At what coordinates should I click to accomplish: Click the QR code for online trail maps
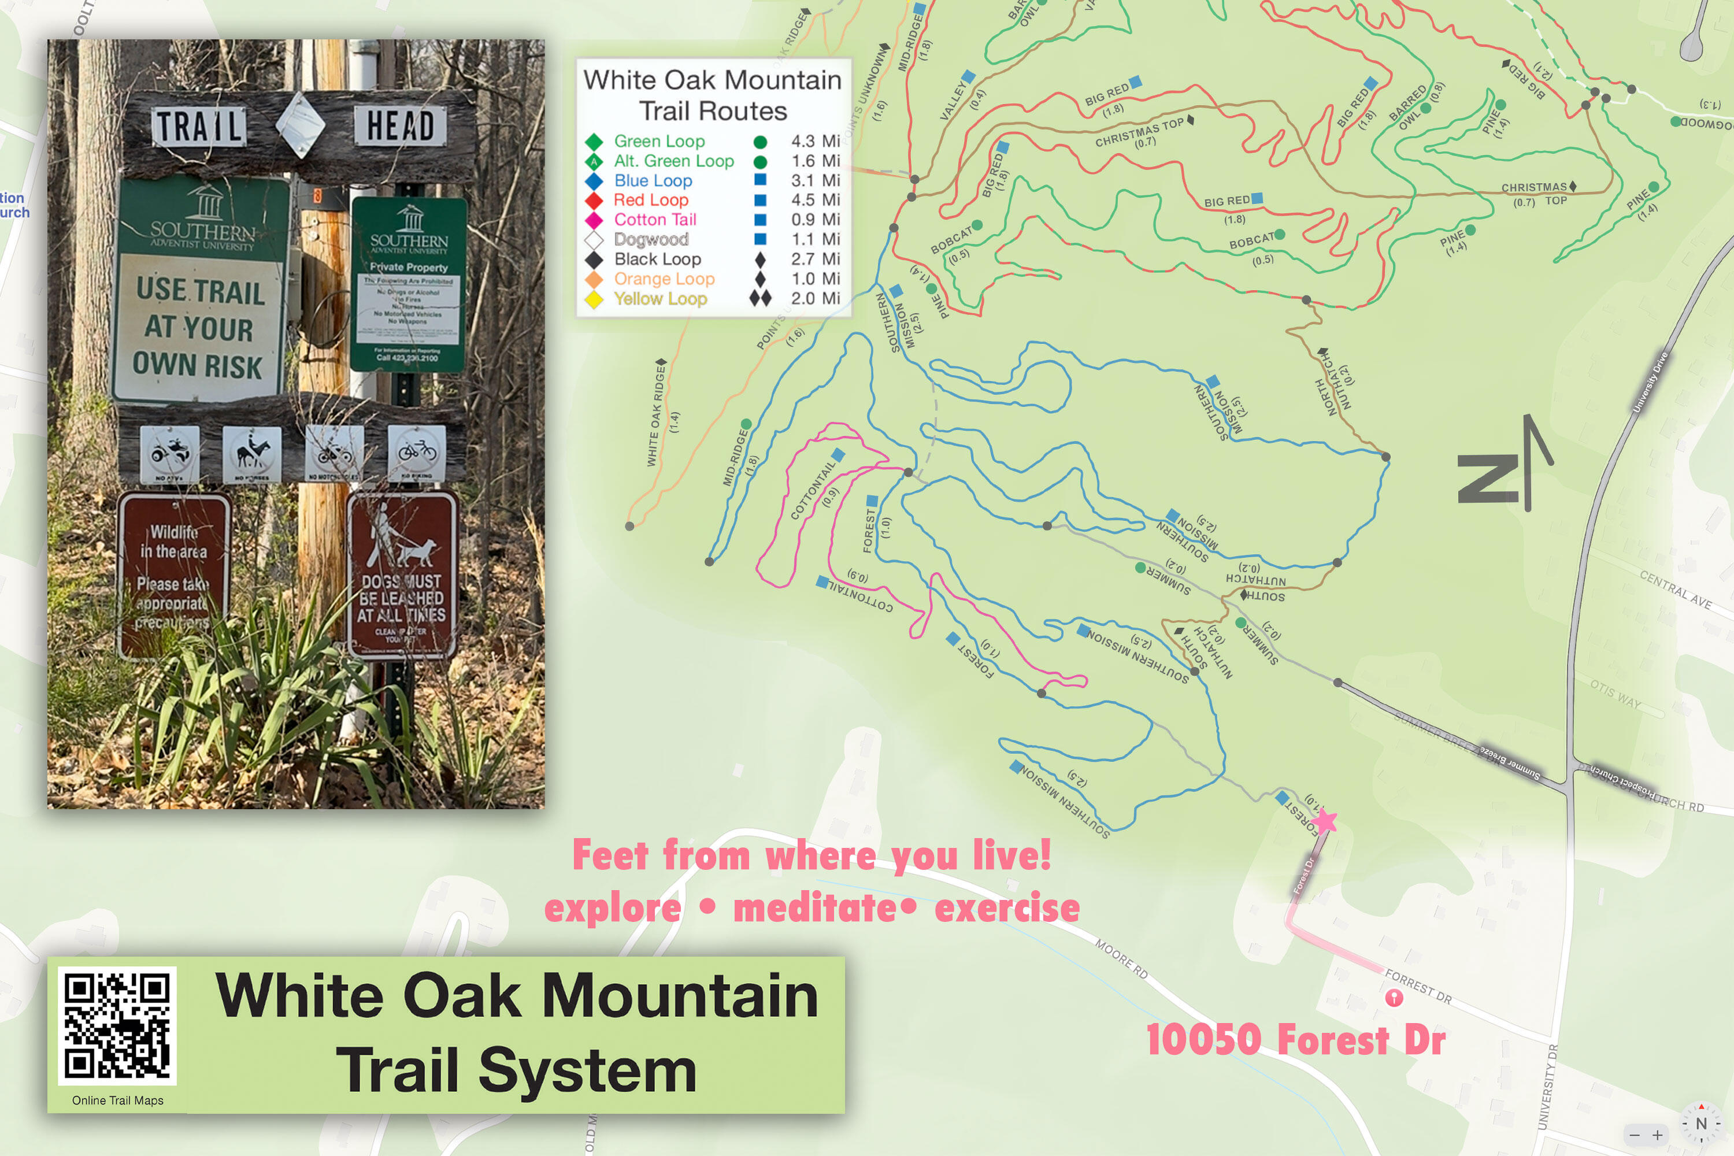click(x=117, y=1025)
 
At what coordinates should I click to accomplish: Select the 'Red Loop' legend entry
click(x=651, y=200)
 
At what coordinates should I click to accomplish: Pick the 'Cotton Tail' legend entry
click(x=655, y=220)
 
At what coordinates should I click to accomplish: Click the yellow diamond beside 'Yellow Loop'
click(x=594, y=299)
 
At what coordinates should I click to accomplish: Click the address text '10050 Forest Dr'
click(x=1295, y=1040)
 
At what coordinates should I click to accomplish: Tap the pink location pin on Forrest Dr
click(x=1394, y=998)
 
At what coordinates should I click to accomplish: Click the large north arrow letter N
click(x=1487, y=479)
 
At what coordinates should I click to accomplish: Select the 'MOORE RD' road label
click(x=1121, y=958)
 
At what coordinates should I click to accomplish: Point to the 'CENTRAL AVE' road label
click(x=1675, y=588)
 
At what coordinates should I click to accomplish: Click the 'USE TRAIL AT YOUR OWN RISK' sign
click(x=199, y=327)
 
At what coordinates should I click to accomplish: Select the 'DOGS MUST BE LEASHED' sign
click(x=402, y=575)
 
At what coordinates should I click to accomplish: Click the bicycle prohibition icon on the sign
click(x=417, y=451)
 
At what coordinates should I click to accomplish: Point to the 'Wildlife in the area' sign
click(x=174, y=575)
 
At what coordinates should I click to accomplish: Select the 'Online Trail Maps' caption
click(x=118, y=1101)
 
